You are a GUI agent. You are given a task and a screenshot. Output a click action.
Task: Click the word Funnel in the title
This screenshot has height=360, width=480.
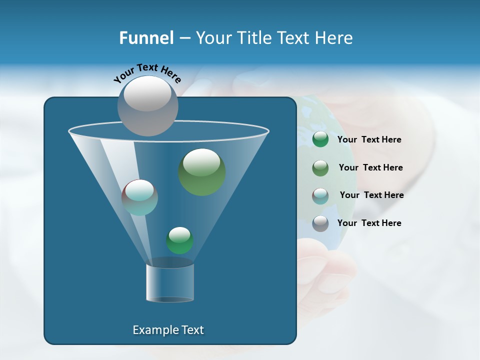pos(146,38)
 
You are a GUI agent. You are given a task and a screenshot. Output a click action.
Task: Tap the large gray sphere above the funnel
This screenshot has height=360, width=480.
pos(147,105)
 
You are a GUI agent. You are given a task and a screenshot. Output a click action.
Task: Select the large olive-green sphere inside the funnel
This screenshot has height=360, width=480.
pos(201,171)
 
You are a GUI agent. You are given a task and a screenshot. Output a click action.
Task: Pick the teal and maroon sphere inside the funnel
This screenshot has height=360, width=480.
pos(139,197)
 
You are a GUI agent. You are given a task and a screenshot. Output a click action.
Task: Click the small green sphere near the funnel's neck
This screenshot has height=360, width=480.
pos(179,240)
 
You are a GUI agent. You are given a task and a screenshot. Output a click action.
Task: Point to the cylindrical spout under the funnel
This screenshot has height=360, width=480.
pos(170,283)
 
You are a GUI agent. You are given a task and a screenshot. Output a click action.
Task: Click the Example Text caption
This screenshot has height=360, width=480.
pos(168,330)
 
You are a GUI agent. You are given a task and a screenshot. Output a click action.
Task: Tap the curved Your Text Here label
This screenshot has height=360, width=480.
pos(147,73)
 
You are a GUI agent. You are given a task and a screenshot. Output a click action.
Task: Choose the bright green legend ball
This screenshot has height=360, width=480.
pos(320,139)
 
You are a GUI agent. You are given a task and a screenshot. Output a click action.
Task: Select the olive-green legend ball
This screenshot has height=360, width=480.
pos(320,168)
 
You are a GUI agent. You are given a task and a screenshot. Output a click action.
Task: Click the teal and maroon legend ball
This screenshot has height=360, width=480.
pos(320,195)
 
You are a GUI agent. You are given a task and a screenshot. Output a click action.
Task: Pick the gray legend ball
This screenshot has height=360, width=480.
pos(320,223)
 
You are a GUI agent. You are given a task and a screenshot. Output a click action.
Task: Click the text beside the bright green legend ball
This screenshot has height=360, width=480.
pos(369,140)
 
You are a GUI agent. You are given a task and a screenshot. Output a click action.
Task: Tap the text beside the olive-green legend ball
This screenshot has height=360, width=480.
pos(370,168)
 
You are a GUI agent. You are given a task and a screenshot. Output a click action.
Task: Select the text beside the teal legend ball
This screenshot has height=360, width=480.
pos(371,195)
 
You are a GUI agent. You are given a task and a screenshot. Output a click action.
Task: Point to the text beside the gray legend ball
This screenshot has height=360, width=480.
pos(369,223)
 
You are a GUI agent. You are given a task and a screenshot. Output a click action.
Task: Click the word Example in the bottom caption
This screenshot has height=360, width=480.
pos(152,330)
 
